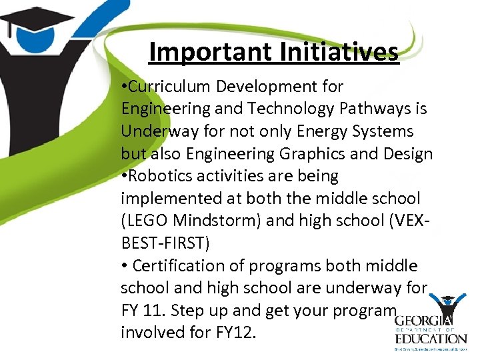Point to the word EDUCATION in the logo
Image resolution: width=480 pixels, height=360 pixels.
(x=427, y=339)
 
